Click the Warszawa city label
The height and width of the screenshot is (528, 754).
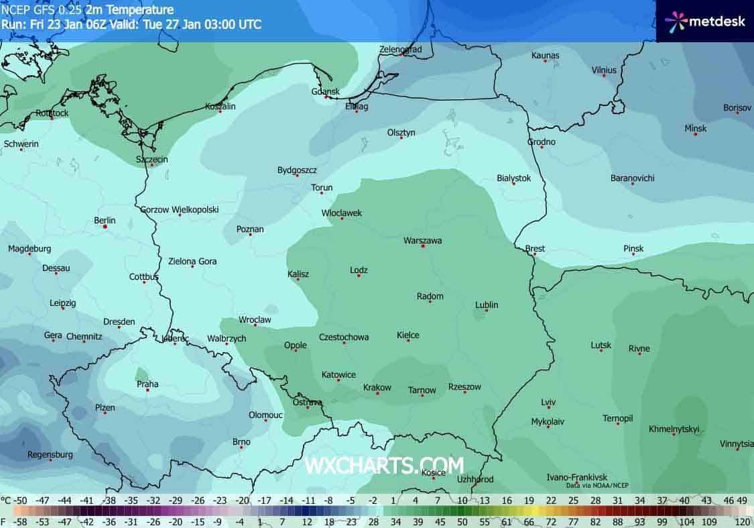coord(422,240)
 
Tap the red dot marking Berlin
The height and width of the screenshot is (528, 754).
coord(105,227)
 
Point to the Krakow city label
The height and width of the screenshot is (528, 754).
coord(377,388)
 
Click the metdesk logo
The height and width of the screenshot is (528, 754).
coord(704,21)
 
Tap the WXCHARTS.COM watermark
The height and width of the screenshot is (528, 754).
coord(384,465)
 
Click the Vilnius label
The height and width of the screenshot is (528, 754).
coord(604,70)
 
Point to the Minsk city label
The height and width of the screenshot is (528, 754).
coord(695,128)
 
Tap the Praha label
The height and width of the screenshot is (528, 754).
coord(147,384)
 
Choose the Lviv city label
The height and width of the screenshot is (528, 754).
coord(548,403)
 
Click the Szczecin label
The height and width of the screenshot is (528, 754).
coord(151,160)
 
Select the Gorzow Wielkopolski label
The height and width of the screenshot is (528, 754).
coord(180,209)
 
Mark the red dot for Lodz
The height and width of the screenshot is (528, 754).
coord(359,276)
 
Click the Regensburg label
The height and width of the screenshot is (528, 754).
coord(50,454)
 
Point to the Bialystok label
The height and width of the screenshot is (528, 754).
coord(513,178)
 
